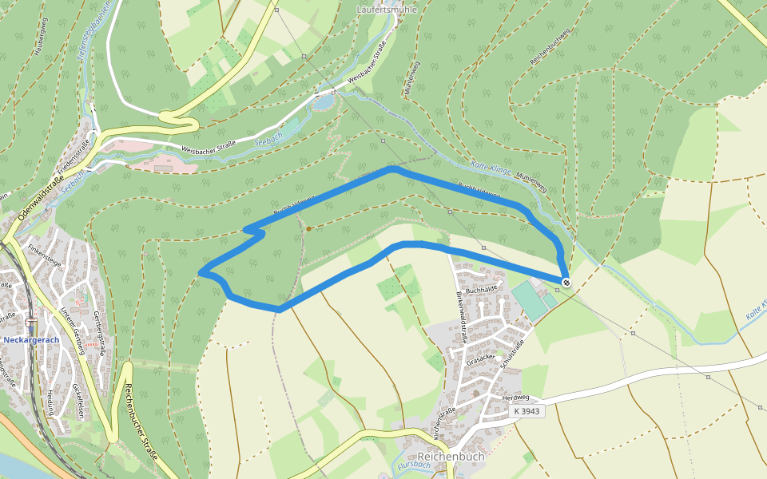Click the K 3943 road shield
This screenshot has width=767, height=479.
click(527, 410)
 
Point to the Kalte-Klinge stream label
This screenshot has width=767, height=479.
click(491, 165)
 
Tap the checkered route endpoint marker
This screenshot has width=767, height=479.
click(566, 282)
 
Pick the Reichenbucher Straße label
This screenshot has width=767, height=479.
click(141, 422)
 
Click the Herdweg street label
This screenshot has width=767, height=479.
click(515, 397)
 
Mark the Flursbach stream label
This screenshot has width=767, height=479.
click(412, 467)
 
